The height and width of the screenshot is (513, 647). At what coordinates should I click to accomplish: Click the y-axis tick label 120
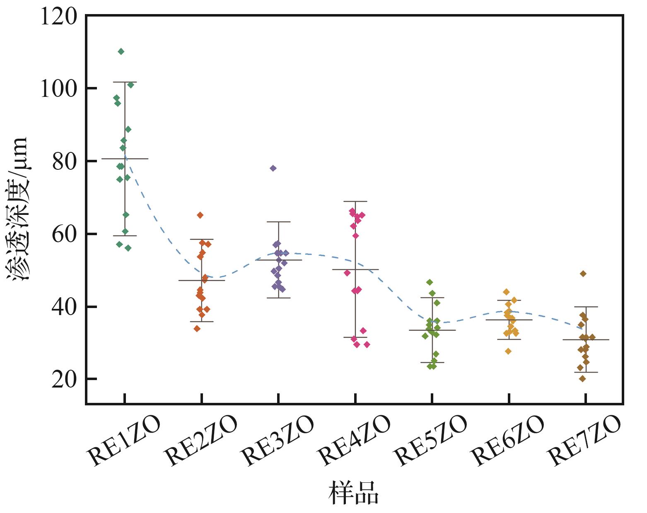pyautogui.click(x=58, y=17)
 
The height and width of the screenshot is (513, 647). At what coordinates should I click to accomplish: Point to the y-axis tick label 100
pyautogui.click(x=58, y=89)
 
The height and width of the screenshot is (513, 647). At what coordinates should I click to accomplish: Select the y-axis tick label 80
pyautogui.click(x=65, y=161)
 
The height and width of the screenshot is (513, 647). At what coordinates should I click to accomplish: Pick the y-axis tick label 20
pyautogui.click(x=65, y=379)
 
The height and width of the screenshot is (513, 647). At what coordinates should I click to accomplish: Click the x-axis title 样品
pyautogui.click(x=353, y=492)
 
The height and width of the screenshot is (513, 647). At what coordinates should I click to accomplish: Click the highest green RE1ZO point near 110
pyautogui.click(x=121, y=51)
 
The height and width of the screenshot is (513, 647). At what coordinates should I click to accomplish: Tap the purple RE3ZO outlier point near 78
pyautogui.click(x=273, y=168)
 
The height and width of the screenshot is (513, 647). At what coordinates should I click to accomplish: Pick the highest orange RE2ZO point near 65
pyautogui.click(x=200, y=215)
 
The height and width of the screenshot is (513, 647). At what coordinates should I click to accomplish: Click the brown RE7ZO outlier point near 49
pyautogui.click(x=583, y=274)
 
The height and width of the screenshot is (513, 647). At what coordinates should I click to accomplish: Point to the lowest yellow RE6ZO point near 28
pyautogui.click(x=508, y=351)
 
